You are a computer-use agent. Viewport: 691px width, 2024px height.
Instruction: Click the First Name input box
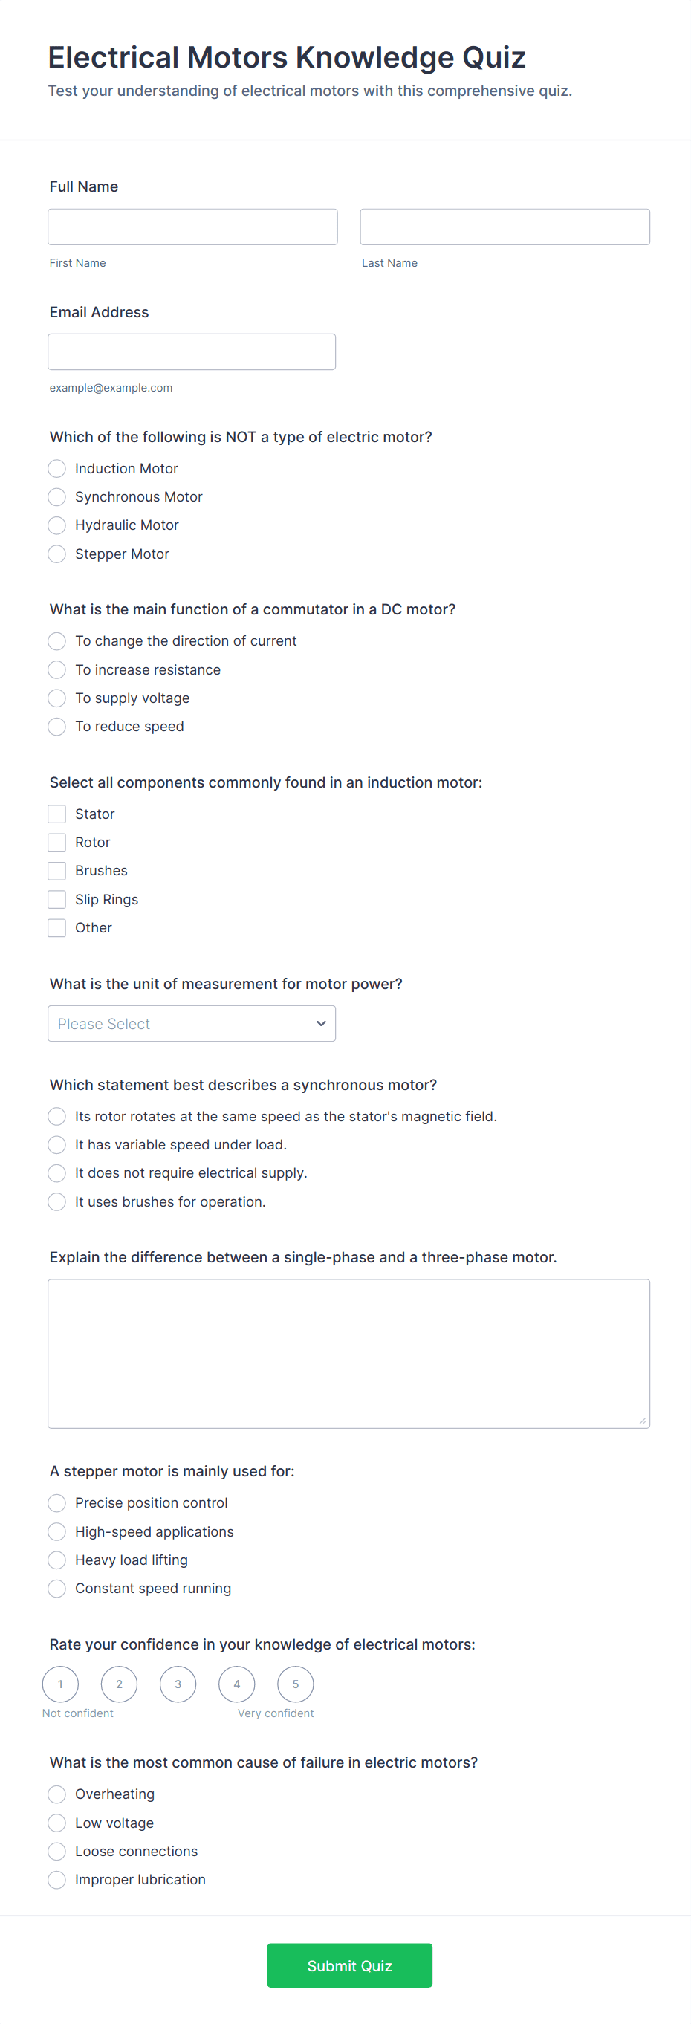(192, 227)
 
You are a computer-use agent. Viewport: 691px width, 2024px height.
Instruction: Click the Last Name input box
(504, 227)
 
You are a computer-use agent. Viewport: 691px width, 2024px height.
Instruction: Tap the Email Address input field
(191, 351)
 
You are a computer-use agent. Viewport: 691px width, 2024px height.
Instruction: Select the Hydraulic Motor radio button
(56, 525)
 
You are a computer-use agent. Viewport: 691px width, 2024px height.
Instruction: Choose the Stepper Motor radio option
(56, 554)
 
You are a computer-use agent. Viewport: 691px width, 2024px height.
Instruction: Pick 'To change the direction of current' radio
(56, 641)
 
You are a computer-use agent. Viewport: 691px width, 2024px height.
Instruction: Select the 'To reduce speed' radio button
(56, 727)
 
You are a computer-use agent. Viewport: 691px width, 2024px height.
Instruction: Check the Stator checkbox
(56, 814)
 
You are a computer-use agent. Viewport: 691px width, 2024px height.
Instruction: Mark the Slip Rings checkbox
(56, 900)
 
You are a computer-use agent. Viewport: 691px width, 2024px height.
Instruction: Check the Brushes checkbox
(56, 871)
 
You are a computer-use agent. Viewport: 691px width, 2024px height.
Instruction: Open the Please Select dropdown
(191, 1024)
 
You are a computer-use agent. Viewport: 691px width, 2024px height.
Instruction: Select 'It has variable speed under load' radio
(56, 1145)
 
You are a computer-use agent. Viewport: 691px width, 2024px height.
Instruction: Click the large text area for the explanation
(348, 1353)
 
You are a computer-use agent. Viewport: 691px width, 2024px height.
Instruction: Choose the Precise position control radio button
(56, 1503)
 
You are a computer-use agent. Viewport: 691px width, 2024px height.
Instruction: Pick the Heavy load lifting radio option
(56, 1560)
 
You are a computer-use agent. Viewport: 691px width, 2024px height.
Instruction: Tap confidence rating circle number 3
(178, 1684)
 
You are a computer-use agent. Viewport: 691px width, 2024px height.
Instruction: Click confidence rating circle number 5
(296, 1684)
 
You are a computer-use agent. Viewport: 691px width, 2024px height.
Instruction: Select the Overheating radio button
(56, 1794)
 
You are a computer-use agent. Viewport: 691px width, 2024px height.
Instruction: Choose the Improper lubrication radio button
(56, 1880)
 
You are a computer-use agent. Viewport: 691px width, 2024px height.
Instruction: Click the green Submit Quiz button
(349, 1966)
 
